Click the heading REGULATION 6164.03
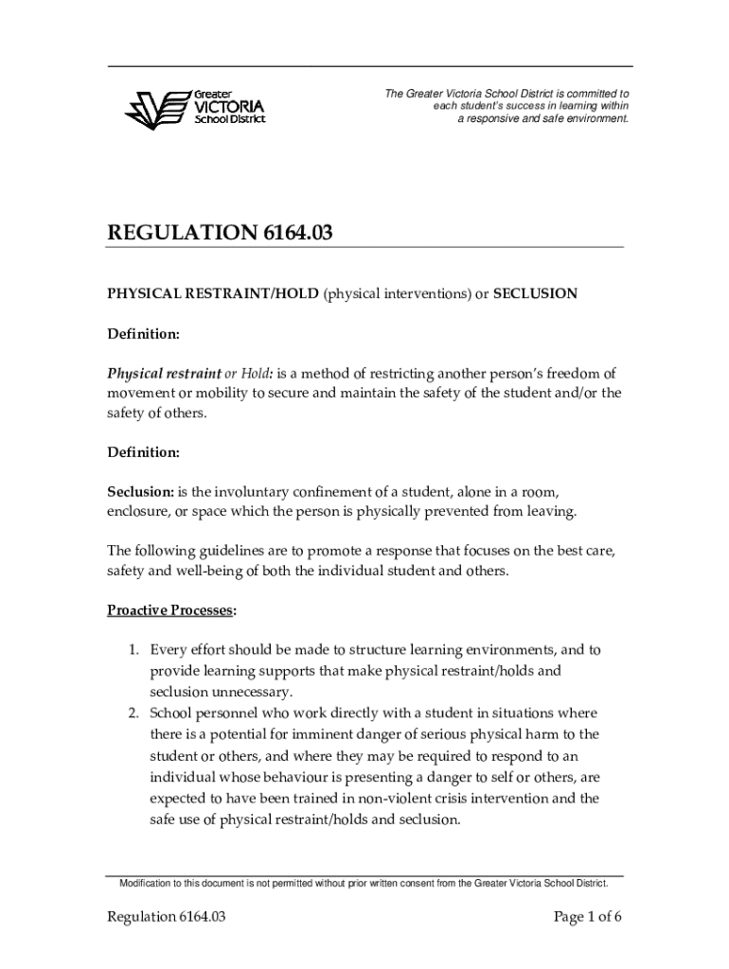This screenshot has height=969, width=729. (219, 233)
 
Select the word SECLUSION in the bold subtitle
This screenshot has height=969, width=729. (535, 293)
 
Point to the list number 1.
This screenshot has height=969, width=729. (134, 650)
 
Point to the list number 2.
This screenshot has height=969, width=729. (134, 713)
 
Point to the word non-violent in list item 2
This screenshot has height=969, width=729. (412, 799)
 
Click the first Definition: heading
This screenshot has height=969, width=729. (143, 334)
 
